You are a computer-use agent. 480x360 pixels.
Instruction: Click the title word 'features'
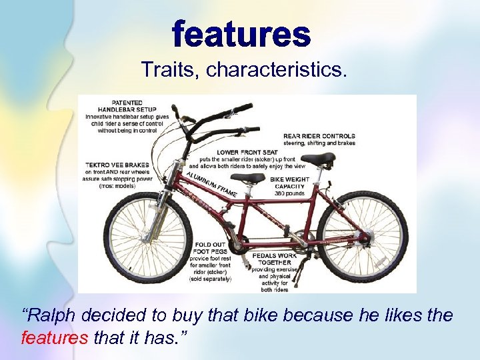pos(242,35)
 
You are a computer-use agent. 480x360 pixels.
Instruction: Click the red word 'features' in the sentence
pos(55,338)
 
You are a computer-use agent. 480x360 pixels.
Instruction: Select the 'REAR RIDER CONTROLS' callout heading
pos(319,136)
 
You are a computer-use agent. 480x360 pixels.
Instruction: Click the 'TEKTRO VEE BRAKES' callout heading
pos(118,165)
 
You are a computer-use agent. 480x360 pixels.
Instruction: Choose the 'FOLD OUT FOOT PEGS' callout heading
pos(211,248)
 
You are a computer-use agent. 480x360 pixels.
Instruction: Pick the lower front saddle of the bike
pos(248,178)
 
